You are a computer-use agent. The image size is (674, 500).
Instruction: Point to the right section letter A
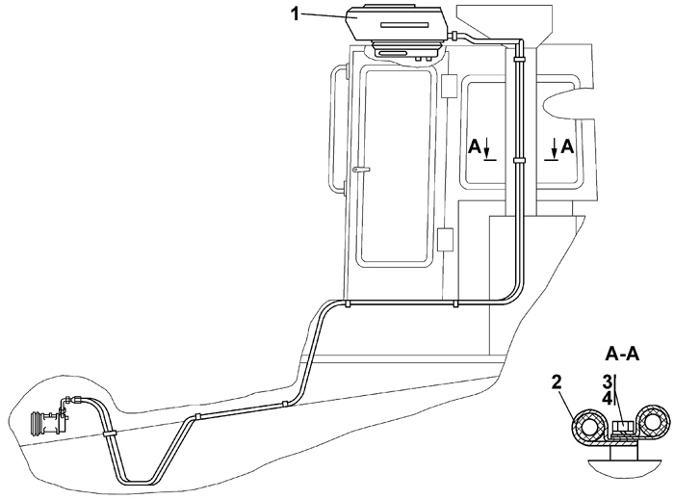[x=567, y=145]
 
